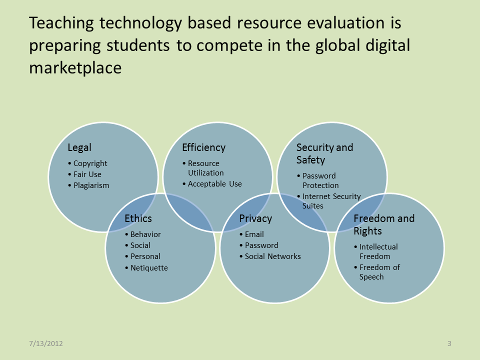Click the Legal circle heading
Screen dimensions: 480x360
click(79, 148)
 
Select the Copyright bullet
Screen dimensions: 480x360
click(90, 163)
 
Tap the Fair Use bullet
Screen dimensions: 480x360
click(87, 174)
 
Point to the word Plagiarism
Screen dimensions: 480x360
click(91, 185)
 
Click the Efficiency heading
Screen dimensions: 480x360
click(204, 147)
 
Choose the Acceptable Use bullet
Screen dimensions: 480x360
click(214, 184)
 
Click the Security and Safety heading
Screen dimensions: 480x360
click(324, 153)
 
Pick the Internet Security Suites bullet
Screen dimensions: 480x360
click(331, 201)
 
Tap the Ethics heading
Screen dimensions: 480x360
click(138, 218)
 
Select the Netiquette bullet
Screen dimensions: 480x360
click(149, 268)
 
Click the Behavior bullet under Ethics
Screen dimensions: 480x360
click(145, 234)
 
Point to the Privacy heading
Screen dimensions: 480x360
click(255, 219)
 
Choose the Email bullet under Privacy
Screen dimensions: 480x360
click(254, 234)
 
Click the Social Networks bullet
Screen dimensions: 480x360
click(273, 256)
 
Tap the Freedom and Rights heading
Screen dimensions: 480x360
click(384, 224)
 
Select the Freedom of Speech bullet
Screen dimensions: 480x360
click(379, 272)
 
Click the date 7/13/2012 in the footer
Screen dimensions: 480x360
click(46, 343)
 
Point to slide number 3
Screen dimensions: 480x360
click(449, 343)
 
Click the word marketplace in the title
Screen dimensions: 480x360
click(75, 68)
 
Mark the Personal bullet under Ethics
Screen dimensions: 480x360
click(145, 256)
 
